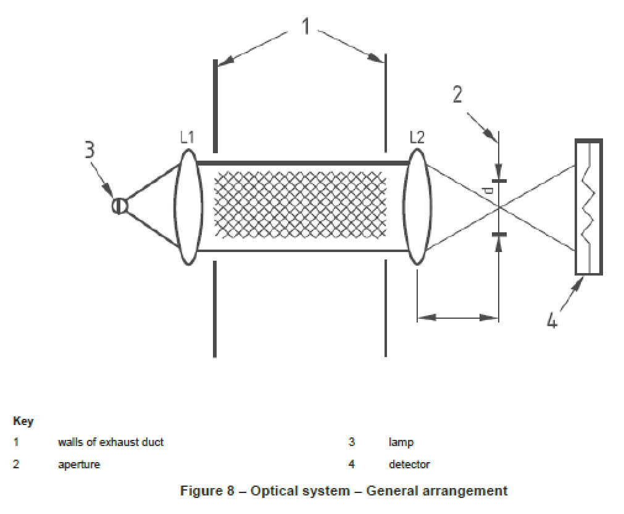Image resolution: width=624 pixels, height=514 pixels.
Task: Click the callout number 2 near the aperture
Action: click(x=457, y=95)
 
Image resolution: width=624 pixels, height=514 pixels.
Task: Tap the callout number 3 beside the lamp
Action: click(x=90, y=150)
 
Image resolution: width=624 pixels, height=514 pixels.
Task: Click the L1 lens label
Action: click(x=188, y=137)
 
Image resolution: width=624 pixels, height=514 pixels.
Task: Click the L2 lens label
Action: click(x=417, y=137)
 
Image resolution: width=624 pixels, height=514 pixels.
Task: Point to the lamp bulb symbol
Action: click(x=119, y=205)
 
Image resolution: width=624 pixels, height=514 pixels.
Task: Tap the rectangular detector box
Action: click(x=588, y=207)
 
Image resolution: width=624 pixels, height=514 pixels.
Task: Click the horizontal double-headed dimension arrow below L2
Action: click(x=457, y=318)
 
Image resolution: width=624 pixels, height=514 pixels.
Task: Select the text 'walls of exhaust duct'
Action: click(x=110, y=442)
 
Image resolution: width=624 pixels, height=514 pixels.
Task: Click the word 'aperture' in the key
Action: click(x=78, y=464)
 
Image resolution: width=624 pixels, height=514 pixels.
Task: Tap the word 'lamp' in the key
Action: click(x=401, y=442)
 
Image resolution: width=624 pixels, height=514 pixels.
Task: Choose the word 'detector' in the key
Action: click(x=409, y=464)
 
